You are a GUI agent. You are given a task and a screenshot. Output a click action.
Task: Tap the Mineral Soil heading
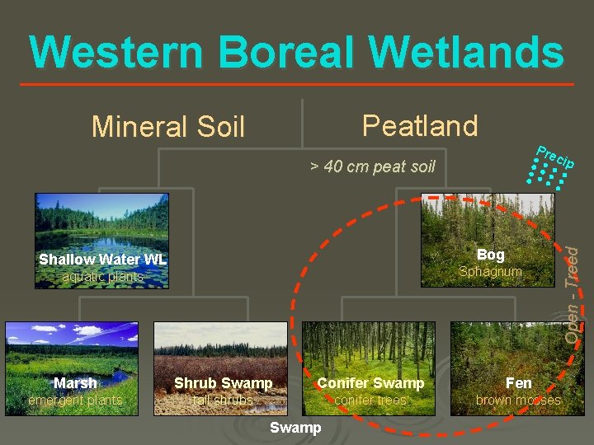click(168, 127)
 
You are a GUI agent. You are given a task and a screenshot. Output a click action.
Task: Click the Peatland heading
click(420, 125)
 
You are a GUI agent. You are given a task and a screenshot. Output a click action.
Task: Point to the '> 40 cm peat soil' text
click(372, 166)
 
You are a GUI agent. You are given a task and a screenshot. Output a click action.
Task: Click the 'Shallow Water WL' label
click(102, 260)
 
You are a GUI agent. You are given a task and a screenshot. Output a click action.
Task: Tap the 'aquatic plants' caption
click(102, 277)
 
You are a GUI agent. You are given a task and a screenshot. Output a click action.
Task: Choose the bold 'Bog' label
click(490, 255)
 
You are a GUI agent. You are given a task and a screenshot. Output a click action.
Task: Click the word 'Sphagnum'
click(490, 271)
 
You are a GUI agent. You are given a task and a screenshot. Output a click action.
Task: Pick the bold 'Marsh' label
click(75, 383)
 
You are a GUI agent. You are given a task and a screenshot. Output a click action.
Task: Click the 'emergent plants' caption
click(75, 400)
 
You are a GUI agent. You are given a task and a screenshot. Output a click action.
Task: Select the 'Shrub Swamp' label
click(223, 383)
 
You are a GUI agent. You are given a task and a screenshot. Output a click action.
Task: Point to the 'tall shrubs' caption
click(223, 400)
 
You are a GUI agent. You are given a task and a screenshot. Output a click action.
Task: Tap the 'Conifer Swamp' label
click(370, 383)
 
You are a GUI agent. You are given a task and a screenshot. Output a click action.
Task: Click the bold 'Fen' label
click(518, 383)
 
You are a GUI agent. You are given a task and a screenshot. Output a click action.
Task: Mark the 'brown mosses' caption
click(518, 400)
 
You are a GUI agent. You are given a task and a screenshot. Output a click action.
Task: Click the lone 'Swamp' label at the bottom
click(295, 427)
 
